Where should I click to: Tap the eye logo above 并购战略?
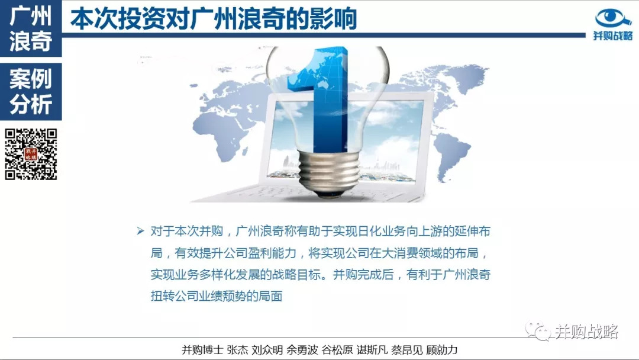(612, 18)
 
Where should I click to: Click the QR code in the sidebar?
(31, 154)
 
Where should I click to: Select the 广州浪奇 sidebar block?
(31, 28)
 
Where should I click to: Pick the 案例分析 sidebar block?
(31, 91)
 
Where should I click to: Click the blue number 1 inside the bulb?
(322, 98)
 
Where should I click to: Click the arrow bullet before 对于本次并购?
(141, 232)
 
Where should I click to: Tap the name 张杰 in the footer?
(237, 350)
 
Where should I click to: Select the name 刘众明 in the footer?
(267, 350)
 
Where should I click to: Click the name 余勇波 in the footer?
(302, 350)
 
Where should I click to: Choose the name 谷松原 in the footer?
(337, 350)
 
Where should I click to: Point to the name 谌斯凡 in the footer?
(372, 350)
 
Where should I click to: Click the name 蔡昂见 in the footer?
(406, 350)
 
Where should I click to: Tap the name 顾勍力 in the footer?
(442, 350)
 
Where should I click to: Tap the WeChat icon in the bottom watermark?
(537, 330)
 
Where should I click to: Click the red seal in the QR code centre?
(31, 154)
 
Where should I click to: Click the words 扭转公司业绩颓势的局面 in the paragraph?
(217, 296)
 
